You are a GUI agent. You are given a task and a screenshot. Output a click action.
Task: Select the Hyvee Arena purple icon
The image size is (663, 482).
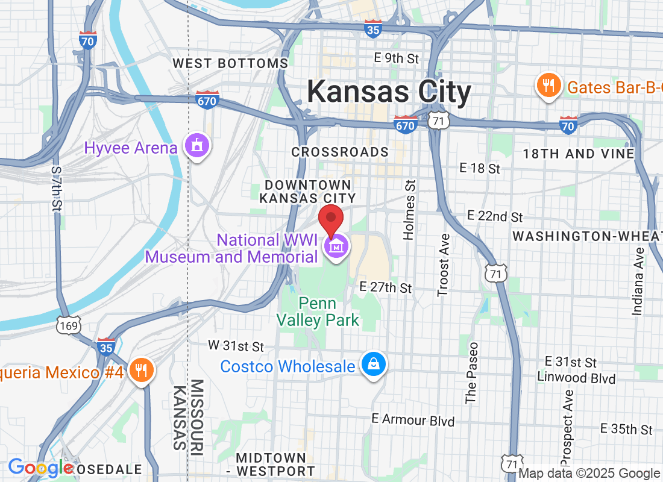[197, 146]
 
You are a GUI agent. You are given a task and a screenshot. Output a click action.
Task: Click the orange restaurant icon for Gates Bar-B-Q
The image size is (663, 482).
[548, 86]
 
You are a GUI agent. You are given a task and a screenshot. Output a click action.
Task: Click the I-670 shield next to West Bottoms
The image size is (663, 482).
[206, 101]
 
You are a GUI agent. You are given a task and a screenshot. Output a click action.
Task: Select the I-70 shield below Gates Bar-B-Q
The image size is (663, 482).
[567, 125]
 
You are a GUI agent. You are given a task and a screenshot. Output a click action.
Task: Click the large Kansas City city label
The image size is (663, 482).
[389, 92]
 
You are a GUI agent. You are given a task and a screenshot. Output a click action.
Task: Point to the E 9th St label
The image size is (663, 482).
[396, 58]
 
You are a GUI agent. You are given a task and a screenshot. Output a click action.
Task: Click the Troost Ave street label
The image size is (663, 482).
[444, 265]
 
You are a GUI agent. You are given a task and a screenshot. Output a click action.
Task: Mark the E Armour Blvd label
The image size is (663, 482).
[413, 420]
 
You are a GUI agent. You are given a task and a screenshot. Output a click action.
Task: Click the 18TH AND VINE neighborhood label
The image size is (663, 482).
[578, 154]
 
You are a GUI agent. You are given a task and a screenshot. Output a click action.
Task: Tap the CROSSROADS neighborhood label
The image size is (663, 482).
[340, 152]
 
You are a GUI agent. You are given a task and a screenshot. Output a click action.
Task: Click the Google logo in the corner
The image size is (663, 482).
[39, 468]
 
